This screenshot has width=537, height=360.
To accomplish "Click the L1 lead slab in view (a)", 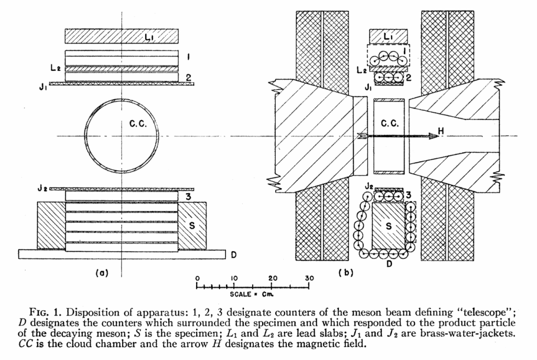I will pos(122,36).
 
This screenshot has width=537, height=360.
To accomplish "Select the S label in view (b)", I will pos(389,226).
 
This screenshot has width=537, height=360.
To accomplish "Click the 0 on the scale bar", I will pos(197,278).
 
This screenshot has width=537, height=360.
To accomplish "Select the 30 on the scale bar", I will pos(309,278).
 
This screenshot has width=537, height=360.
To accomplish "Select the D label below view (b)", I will pos(389,263).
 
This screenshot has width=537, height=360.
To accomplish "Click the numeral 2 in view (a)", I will pos(187,78).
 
